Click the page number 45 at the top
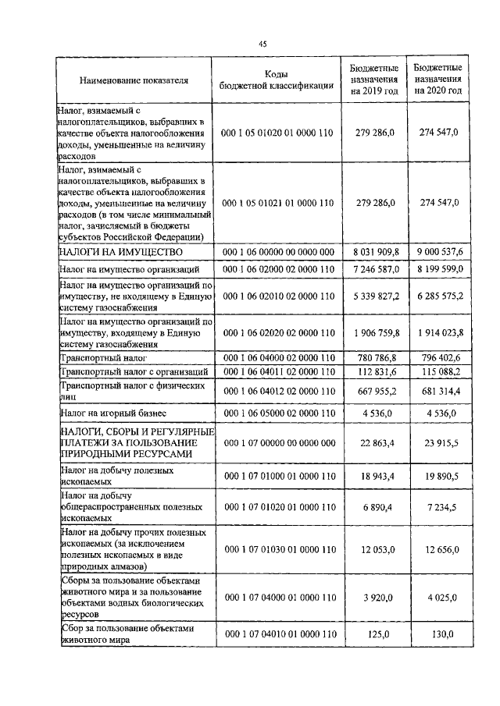point(262,43)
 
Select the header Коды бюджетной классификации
point(278,80)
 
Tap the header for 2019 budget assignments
point(374,80)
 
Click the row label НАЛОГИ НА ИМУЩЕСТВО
point(121,252)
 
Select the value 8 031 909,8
point(375,252)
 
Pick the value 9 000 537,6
point(439,252)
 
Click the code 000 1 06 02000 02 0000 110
point(278,269)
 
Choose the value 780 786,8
point(377,357)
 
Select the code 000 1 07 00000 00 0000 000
point(278,443)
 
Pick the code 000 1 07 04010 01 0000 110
point(278,634)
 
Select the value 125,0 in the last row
point(379,634)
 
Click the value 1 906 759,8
point(376,332)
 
